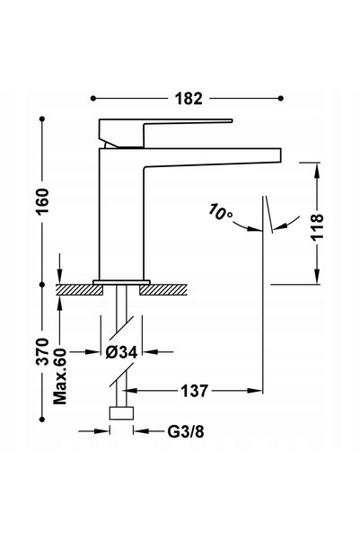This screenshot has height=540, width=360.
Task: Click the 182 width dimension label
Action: pos(189,99)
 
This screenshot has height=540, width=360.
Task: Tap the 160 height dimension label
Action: pos(43,201)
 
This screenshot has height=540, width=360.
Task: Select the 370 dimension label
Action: pos(43,352)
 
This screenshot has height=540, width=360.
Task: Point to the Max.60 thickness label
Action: pos(60,376)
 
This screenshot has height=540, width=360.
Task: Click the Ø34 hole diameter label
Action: pos(121,352)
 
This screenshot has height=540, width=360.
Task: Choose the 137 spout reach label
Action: pos(195,391)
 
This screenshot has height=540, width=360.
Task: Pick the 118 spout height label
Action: pos(317,226)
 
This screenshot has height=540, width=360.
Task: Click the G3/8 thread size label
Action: pos(186,431)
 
